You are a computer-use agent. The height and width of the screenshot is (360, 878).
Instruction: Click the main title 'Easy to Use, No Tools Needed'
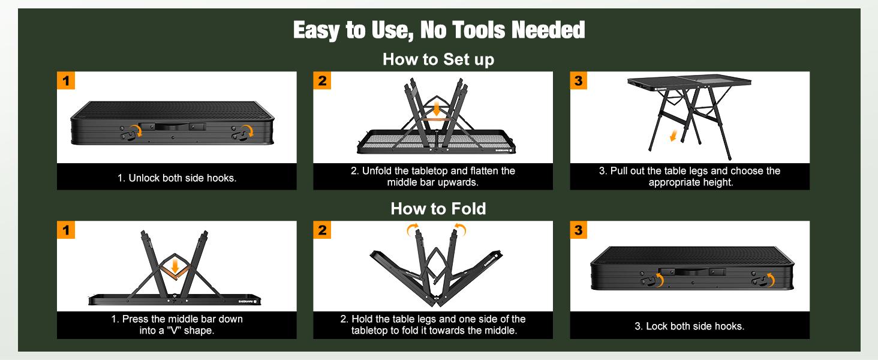point(439,30)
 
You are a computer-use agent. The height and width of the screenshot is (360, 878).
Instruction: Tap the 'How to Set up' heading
point(438,59)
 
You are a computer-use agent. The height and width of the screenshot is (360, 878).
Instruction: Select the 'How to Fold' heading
point(438,209)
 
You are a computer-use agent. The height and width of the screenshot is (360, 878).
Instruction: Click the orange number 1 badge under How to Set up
point(66,80)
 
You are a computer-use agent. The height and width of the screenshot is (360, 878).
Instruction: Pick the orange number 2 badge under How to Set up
point(322,80)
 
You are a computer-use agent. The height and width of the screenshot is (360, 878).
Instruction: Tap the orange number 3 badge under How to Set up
point(579,80)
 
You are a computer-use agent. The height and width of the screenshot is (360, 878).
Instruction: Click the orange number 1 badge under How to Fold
point(66,230)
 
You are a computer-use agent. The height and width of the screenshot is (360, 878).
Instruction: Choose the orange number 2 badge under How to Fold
point(322,230)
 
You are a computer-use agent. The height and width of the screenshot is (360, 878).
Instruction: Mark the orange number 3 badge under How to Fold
point(579,230)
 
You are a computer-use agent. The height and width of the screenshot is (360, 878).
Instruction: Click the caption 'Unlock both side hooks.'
point(177,178)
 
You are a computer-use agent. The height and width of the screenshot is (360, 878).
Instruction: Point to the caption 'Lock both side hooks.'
point(690,326)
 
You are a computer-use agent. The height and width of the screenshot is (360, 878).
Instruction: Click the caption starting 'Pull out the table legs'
point(690,176)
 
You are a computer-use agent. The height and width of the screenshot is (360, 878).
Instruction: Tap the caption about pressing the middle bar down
point(177,325)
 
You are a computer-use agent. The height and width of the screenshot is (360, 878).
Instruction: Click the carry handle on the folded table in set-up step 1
point(173,127)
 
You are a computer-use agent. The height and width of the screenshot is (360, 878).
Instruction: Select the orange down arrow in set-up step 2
point(436,109)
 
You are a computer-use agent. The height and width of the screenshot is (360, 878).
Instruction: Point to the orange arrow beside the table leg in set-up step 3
point(673,136)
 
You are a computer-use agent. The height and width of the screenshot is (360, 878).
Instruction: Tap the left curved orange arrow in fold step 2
point(412,229)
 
